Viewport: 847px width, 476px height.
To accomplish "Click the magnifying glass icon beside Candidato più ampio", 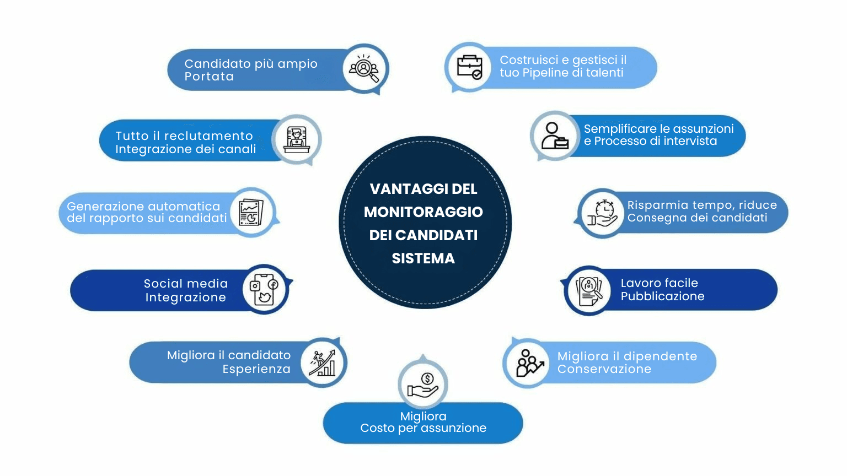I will click(x=364, y=69).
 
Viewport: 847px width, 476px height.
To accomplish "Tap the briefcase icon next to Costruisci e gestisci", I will click(x=469, y=67).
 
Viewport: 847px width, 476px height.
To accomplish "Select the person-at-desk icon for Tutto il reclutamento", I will click(x=297, y=139).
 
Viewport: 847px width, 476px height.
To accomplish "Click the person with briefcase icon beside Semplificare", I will click(x=554, y=136).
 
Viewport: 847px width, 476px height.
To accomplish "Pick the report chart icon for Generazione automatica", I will click(x=251, y=213).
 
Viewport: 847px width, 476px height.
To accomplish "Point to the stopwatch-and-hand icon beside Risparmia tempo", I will click(x=602, y=213).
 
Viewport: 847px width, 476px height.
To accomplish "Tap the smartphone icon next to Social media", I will click(x=264, y=289).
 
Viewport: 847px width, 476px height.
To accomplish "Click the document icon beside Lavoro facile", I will click(x=589, y=290).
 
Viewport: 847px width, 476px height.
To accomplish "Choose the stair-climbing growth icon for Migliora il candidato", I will click(x=323, y=363).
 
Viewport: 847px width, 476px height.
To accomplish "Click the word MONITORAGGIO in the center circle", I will click(x=423, y=212).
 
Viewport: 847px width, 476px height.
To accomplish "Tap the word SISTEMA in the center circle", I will click(x=423, y=258).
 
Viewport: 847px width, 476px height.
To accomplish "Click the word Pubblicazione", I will click(x=662, y=296).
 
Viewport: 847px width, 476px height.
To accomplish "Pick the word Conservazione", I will click(x=604, y=369).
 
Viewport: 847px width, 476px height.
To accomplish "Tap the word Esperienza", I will click(x=256, y=369).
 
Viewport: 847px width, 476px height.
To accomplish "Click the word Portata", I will click(x=209, y=77).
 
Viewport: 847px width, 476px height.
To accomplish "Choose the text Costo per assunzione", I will click(x=423, y=428).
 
